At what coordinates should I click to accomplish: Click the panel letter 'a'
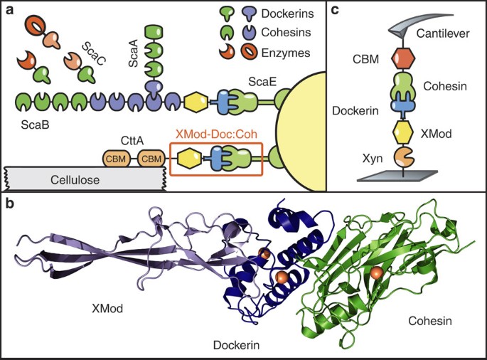[x=10, y=10]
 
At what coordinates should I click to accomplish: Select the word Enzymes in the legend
[x=275, y=53]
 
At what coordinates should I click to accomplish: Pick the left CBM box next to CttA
[x=114, y=158]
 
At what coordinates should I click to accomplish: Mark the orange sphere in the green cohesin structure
[x=377, y=273]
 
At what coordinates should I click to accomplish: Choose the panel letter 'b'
[x=10, y=203]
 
